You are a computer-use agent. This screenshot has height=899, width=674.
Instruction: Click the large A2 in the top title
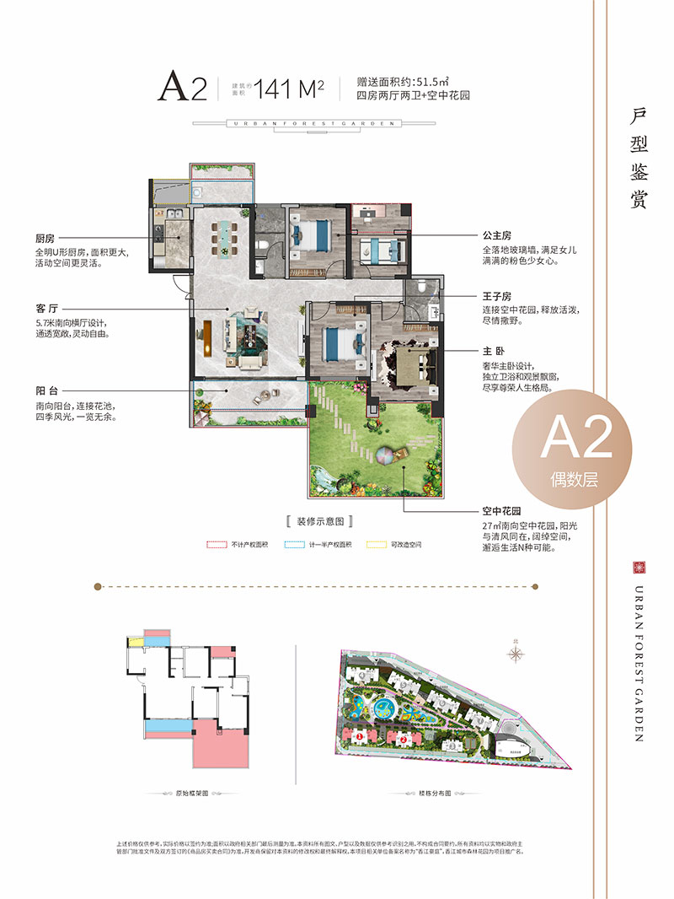pos(183,86)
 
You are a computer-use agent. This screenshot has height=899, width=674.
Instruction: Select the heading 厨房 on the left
pos(45,240)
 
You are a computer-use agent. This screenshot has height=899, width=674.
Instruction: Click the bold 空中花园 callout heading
pos(501,511)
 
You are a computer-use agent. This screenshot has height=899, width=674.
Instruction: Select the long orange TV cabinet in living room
pos(203,338)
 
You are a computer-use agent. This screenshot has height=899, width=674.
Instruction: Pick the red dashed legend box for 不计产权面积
pos(217,545)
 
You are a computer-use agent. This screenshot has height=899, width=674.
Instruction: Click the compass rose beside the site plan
pos(516,652)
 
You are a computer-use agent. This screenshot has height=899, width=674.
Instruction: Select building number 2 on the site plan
pos(404,740)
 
